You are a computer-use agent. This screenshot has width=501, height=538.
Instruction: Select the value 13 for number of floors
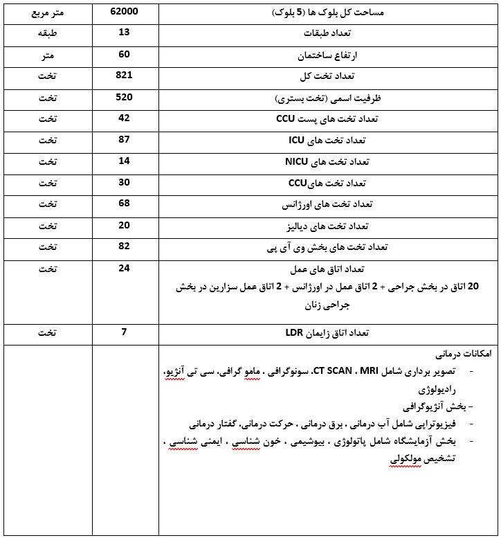[125, 33]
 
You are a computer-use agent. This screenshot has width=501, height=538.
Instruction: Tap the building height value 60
[125, 53]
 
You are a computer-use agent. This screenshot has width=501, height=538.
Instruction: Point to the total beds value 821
[125, 74]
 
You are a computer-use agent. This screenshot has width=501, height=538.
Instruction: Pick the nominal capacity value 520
[125, 96]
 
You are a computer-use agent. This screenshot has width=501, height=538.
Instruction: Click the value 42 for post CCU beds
[125, 118]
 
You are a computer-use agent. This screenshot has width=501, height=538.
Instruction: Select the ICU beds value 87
[125, 139]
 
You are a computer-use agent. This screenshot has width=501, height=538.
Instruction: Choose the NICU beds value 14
[125, 161]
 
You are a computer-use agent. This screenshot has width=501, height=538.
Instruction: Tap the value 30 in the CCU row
[125, 182]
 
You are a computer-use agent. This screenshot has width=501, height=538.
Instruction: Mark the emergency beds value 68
[125, 204]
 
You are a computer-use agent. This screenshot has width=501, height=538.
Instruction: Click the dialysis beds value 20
[125, 225]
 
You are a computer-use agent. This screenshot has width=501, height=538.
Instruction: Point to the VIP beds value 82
[125, 246]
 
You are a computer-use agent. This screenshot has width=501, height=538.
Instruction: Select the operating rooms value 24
[125, 268]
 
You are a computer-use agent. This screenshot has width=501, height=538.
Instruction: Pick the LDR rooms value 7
[125, 332]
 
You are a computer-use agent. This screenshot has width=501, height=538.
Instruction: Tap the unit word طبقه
[47, 33]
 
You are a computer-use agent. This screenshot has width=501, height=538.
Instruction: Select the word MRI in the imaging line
[351, 373]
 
